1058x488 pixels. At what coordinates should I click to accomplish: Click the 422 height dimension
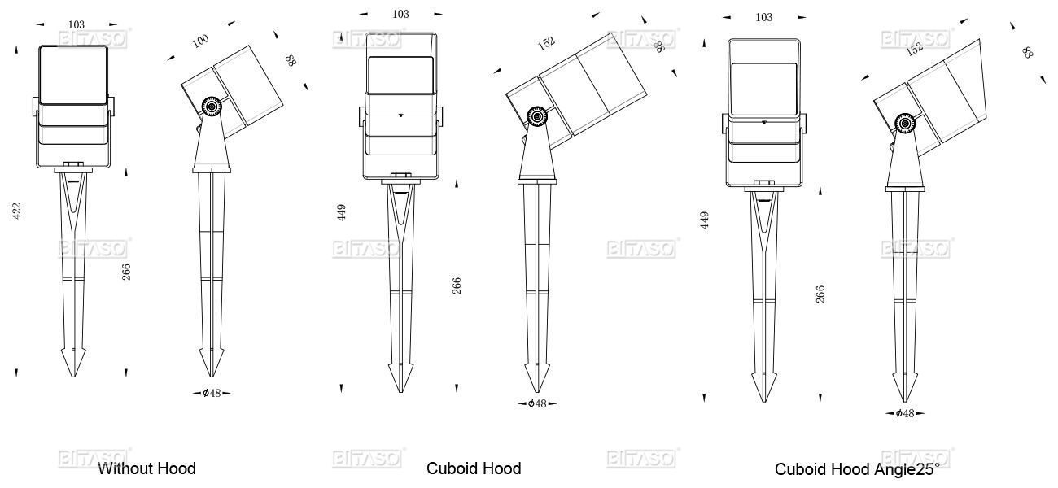(17, 211)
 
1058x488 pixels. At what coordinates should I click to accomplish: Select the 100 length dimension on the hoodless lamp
(200, 41)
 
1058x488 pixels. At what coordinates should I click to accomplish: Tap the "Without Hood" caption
(146, 468)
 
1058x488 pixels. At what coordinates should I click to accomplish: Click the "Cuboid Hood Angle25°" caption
(857, 469)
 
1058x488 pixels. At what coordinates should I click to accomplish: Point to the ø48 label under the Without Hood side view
(212, 393)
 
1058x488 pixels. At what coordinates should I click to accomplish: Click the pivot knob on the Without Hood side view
(212, 107)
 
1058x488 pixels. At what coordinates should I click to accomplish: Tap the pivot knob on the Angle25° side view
(905, 124)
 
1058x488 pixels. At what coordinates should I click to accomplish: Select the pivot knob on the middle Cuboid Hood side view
(537, 116)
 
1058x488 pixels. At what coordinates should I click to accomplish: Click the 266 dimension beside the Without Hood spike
(126, 272)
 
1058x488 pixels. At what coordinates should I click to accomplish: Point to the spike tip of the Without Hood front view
(73, 376)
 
